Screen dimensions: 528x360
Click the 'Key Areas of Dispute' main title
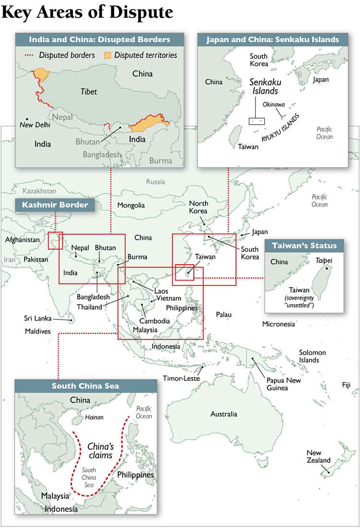click(x=87, y=12)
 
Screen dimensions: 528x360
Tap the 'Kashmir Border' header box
click(x=55, y=205)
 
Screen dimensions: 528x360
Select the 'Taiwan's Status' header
click(x=304, y=246)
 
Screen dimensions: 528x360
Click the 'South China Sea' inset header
click(x=85, y=386)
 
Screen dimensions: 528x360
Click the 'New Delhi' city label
click(x=35, y=125)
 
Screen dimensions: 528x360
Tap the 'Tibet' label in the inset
click(x=88, y=91)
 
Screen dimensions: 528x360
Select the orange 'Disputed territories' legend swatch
click(x=109, y=55)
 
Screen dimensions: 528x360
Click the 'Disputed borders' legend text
click(x=67, y=55)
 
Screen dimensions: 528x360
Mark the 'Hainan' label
click(x=94, y=417)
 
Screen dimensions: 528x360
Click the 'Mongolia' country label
click(x=131, y=205)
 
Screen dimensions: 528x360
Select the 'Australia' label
click(x=224, y=414)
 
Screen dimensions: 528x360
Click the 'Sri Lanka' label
click(x=38, y=318)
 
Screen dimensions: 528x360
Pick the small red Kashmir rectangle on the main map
click(x=56, y=241)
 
